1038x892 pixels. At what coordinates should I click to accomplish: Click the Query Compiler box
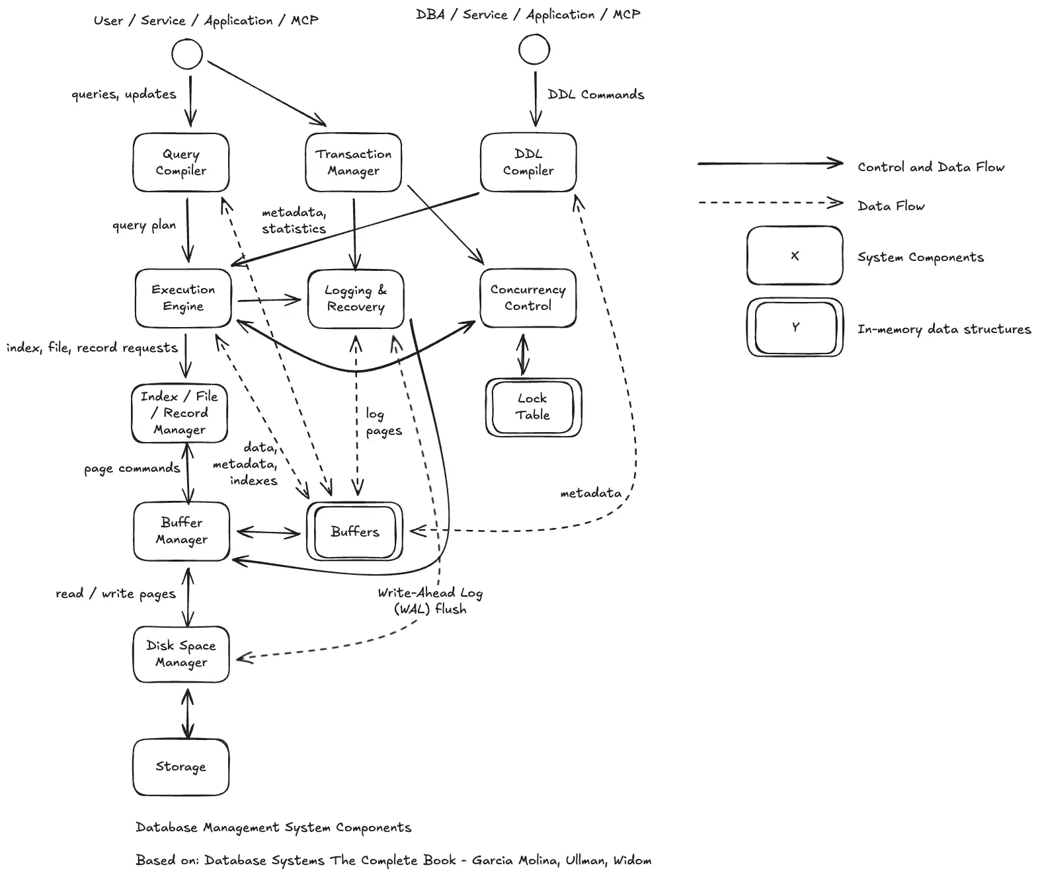click(180, 163)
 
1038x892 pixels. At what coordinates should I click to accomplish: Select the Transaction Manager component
click(353, 163)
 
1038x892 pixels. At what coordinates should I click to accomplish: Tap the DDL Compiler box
click(528, 163)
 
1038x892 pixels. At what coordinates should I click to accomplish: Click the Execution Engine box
click(183, 298)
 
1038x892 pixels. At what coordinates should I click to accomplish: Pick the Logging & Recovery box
click(356, 299)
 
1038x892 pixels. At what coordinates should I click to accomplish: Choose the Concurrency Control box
click(528, 298)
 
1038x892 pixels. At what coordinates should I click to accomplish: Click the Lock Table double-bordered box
click(533, 407)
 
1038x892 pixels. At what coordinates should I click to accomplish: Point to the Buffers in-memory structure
click(354, 531)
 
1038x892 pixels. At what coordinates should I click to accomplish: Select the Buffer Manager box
click(181, 531)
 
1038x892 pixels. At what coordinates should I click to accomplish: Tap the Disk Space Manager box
click(181, 654)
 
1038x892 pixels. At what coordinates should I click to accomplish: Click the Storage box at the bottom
click(180, 766)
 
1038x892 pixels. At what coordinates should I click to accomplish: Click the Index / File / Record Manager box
click(179, 413)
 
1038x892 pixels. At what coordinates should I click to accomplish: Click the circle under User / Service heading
click(187, 54)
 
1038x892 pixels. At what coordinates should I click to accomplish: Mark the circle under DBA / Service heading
click(534, 50)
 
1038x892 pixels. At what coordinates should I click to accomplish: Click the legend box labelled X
click(795, 256)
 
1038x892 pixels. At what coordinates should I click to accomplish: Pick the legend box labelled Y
click(795, 327)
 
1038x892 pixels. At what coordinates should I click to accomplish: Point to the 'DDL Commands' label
click(596, 94)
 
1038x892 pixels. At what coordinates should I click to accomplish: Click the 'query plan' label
click(144, 225)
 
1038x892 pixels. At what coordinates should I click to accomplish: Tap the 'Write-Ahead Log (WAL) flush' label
click(430, 601)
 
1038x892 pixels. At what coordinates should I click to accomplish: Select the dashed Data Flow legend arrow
click(770, 203)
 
